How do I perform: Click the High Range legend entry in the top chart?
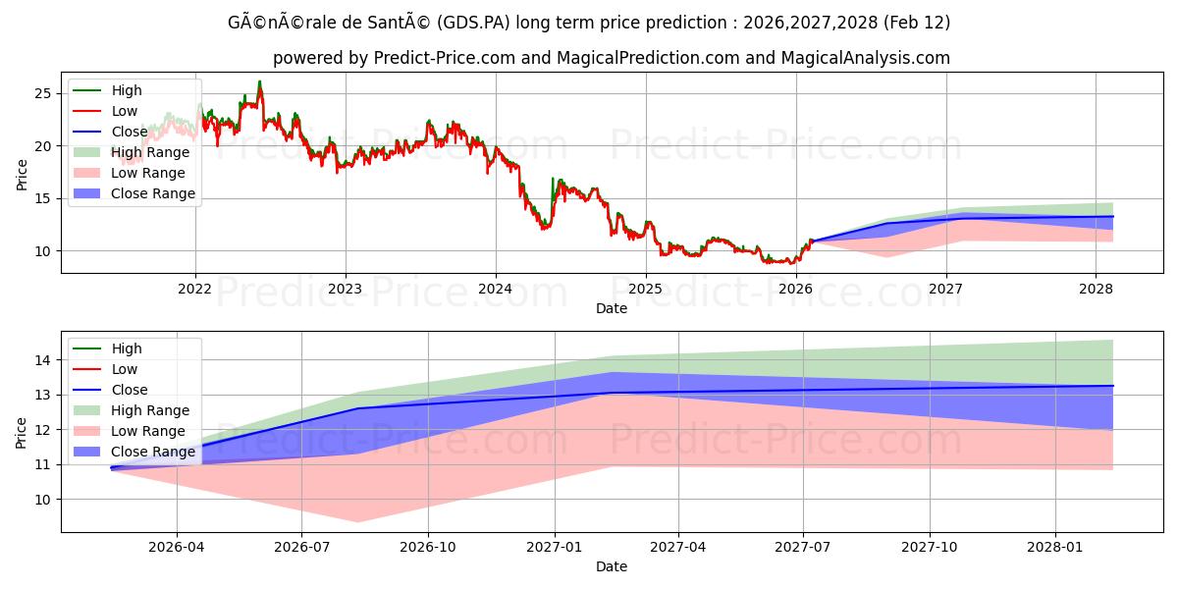[149, 152]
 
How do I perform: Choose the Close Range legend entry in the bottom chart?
[153, 452]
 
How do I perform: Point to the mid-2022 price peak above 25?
[259, 81]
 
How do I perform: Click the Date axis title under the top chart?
[611, 308]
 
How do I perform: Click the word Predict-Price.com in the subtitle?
[444, 58]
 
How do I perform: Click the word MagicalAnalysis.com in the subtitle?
[865, 58]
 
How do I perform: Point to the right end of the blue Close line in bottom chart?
[1113, 386]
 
